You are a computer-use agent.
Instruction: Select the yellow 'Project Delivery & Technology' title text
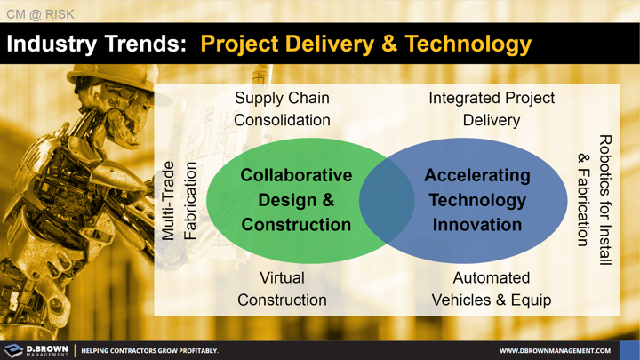(365, 44)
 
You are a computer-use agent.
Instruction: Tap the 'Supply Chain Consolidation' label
(282, 108)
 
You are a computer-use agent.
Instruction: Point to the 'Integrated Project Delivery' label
(492, 108)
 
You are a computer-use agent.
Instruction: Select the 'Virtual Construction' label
(282, 289)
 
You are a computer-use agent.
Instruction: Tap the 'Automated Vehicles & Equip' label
(492, 289)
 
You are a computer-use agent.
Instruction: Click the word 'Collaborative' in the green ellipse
(296, 175)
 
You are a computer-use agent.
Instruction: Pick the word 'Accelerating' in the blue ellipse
(477, 175)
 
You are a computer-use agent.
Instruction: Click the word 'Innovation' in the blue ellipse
(477, 225)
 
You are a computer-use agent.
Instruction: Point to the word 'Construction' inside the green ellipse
(296, 225)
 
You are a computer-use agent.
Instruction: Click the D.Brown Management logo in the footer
(36, 350)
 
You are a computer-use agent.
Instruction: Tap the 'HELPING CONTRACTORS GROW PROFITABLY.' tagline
(149, 351)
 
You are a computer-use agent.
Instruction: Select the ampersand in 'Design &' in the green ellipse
(326, 200)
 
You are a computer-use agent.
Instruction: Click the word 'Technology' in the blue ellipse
(477, 200)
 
